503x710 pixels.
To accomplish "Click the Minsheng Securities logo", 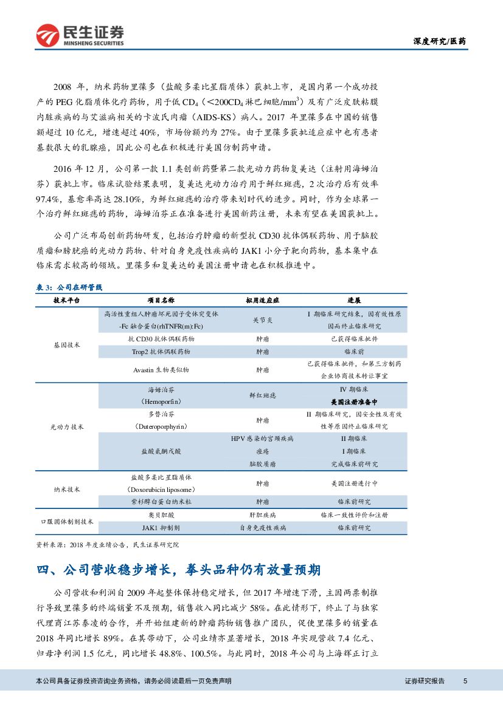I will [x=80, y=36].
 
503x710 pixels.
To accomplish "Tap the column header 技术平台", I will [x=66, y=300].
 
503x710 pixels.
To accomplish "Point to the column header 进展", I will [x=354, y=300].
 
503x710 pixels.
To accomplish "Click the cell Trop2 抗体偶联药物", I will [x=161, y=351].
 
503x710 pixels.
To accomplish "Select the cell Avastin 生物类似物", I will [x=161, y=369].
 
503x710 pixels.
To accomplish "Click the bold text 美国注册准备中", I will [x=354, y=402].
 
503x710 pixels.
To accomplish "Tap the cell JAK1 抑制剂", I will [x=161, y=528].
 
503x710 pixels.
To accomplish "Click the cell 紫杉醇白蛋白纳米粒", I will [x=161, y=502].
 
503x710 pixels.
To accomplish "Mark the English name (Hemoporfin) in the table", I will [x=161, y=402].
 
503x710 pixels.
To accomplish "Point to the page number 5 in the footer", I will [x=465, y=681].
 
